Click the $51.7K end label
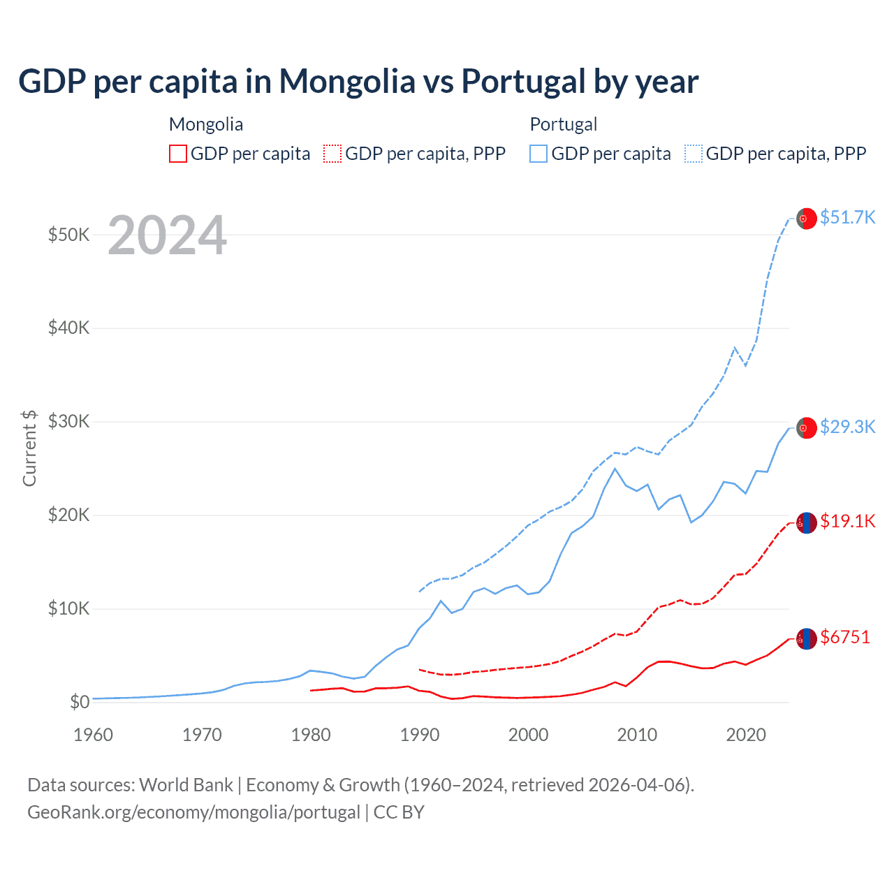click(x=847, y=217)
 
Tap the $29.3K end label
click(x=847, y=427)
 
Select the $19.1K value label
click(x=847, y=521)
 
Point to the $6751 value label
click(x=845, y=637)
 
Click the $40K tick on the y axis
click(x=68, y=328)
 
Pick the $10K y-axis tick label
click(x=68, y=608)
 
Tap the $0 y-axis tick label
click(x=80, y=702)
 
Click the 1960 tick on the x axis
click(x=93, y=735)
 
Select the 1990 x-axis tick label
click(x=420, y=735)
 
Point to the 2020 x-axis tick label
click(x=746, y=735)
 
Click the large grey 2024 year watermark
click(x=167, y=235)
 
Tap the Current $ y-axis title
click(x=29, y=448)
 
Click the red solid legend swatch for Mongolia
click(x=178, y=154)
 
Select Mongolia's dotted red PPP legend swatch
click(x=332, y=154)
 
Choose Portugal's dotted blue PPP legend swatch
click(x=694, y=154)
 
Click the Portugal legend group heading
click(x=563, y=124)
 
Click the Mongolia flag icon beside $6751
click(x=807, y=638)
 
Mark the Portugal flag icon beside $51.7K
click(x=807, y=219)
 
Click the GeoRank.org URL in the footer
click(x=193, y=812)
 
